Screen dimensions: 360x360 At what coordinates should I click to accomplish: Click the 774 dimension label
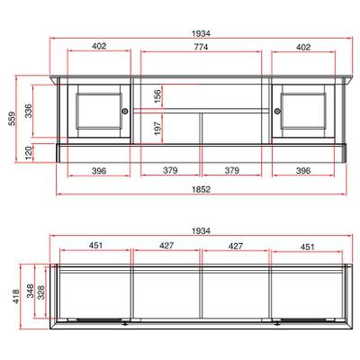[x=201, y=47]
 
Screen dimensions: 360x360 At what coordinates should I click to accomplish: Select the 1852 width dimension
[x=201, y=189]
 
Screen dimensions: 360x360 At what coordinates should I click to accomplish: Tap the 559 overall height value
[x=12, y=119]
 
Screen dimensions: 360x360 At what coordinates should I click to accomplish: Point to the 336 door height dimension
[x=28, y=111]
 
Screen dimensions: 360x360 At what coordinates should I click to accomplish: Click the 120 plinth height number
[x=28, y=153]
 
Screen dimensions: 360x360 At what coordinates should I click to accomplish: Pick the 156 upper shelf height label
[x=157, y=96]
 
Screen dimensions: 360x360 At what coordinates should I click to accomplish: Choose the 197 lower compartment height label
[x=157, y=129]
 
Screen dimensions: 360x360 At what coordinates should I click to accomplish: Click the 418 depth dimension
[x=16, y=297]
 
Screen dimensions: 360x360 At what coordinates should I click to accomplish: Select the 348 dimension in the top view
[x=31, y=291]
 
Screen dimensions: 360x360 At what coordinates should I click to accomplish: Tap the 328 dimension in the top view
[x=40, y=292]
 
